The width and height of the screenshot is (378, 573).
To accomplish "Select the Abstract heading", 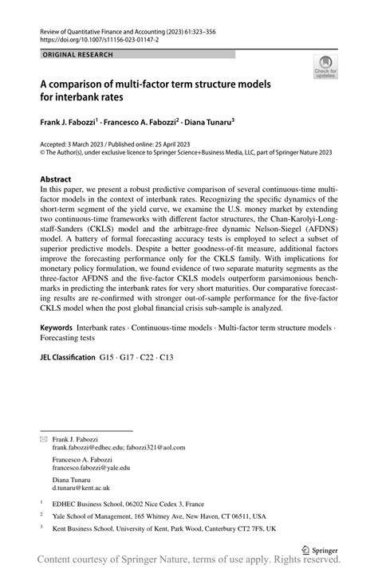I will (x=57, y=180).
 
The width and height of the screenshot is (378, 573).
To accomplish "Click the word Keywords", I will (x=57, y=351).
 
